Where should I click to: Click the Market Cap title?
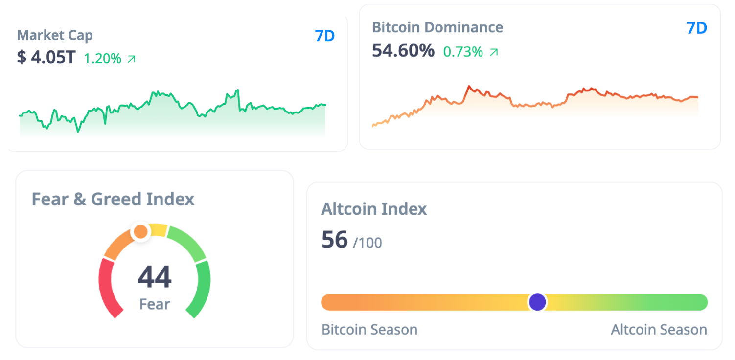pos(55,35)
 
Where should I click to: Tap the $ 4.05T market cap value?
pos(46,58)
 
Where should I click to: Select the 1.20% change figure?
pos(102,59)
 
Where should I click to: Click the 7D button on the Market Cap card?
pos(325,36)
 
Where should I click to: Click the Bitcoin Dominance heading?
pos(437,27)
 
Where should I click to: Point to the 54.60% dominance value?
pos(403,50)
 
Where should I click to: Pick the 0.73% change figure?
pos(463,51)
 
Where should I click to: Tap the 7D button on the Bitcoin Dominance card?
pos(697,28)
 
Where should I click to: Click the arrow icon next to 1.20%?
pos(131,59)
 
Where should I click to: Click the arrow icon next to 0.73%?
pos(494,52)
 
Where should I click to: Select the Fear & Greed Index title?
pos(113,199)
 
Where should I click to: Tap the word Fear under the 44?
pos(155,304)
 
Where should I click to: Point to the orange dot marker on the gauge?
pos(140,231)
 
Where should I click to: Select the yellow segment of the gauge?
pos(158,229)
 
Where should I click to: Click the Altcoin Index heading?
pos(374,209)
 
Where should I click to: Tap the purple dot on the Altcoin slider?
pos(537,302)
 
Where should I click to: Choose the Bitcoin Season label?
pos(369,330)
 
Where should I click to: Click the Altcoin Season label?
pos(659,330)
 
